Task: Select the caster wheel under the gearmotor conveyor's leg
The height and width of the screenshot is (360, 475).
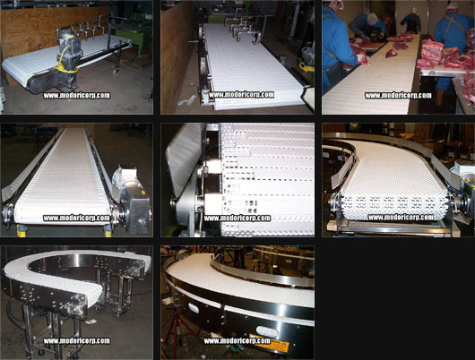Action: [x=115, y=72]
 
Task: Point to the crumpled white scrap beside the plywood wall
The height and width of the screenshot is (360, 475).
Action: [x=186, y=100]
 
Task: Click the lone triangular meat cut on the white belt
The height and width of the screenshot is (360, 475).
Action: [x=392, y=54]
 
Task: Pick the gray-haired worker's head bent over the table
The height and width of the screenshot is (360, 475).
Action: [x=372, y=19]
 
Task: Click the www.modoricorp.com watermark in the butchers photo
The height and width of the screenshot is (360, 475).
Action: [x=398, y=96]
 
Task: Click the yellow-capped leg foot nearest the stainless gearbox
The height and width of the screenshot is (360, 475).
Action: [x=108, y=231]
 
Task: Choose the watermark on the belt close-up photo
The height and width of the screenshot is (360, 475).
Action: [x=237, y=219]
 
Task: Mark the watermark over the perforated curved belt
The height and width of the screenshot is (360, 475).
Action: [x=401, y=218]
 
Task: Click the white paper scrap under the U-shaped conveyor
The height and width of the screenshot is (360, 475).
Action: [x=91, y=321]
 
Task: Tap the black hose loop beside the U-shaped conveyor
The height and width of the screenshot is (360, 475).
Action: [x=13, y=313]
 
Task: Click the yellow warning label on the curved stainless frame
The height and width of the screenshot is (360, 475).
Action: [x=269, y=343]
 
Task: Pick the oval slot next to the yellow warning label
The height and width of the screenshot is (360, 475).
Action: [x=266, y=331]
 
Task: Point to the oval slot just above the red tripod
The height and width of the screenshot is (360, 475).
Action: [x=194, y=308]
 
